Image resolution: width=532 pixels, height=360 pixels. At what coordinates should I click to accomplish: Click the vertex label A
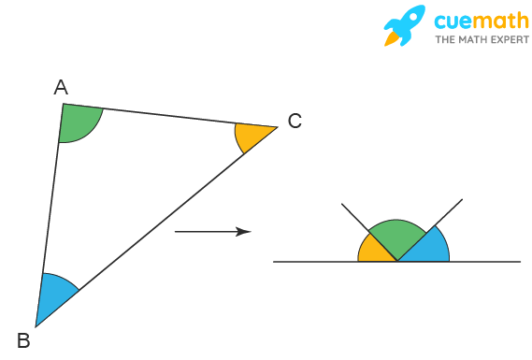pyautogui.click(x=61, y=88)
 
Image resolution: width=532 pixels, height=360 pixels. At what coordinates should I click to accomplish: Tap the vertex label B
pyautogui.click(x=23, y=341)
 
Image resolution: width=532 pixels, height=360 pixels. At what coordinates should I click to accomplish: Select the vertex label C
pyautogui.click(x=294, y=121)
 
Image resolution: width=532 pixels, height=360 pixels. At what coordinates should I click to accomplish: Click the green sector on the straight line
pyautogui.click(x=397, y=237)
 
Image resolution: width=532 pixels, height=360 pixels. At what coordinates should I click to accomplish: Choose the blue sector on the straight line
pyautogui.click(x=425, y=248)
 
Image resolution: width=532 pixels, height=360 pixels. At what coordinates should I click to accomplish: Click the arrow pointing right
pyautogui.click(x=212, y=231)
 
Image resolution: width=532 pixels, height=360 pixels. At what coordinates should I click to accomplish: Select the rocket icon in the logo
pyautogui.click(x=405, y=25)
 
